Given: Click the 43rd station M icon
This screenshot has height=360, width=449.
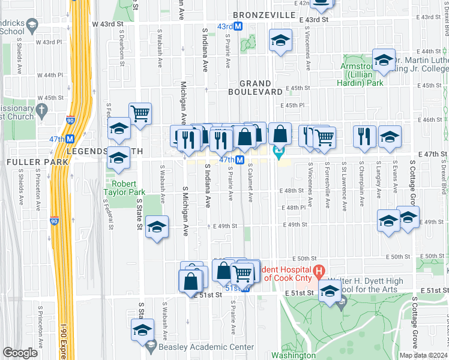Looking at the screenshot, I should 238,26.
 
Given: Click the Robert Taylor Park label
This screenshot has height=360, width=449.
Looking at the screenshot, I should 122,188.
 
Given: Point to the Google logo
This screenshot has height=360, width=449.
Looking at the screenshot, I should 20,353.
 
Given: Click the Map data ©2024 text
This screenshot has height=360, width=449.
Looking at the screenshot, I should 423,355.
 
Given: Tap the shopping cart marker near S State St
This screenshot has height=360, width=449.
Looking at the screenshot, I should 140,112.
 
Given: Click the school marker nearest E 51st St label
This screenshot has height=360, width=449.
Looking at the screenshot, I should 330,291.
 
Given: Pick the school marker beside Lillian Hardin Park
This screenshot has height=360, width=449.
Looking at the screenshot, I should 384,60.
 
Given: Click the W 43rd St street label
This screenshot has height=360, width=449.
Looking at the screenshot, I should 107,23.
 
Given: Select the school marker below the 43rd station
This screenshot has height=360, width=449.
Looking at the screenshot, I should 279,40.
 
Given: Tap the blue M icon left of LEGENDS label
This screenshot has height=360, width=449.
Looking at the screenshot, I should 70,139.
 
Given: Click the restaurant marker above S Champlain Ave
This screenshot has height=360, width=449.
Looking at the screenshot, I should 363,136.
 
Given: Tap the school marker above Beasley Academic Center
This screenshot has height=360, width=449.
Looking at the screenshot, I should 142,329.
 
